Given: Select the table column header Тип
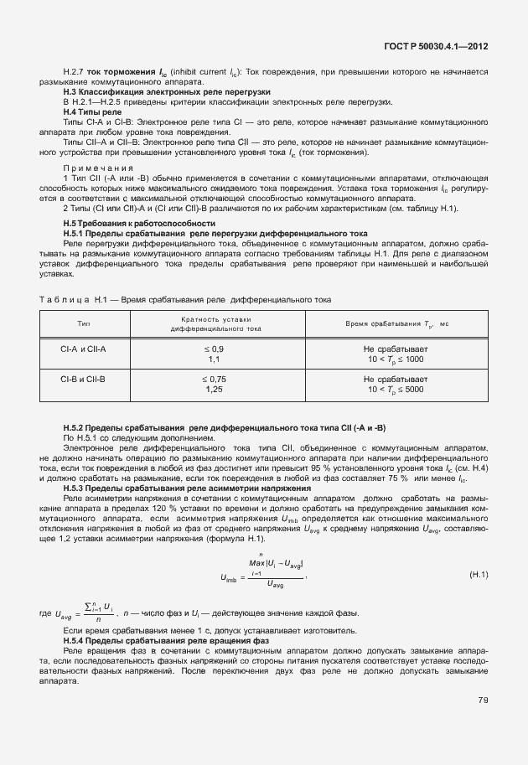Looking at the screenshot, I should (84, 323).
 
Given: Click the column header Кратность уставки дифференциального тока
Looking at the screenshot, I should (216, 324).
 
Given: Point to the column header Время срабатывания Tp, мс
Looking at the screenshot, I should (394, 323).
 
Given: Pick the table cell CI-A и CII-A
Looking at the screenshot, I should (84, 348).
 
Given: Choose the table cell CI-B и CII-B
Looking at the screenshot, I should (84, 379).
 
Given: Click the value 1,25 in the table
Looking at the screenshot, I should (214, 390).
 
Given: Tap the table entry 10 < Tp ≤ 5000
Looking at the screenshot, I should (395, 390).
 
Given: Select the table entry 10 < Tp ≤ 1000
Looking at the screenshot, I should (395, 359).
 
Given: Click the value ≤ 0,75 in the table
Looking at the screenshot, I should (214, 379).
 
